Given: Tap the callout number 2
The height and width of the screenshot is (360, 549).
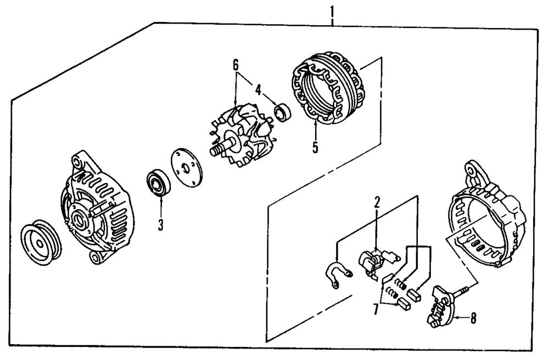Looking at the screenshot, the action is pyautogui.click(x=377, y=202).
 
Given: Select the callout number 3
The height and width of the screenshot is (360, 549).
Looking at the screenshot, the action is pyautogui.click(x=160, y=224).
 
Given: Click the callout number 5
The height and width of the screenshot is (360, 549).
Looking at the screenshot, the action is pyautogui.click(x=315, y=148).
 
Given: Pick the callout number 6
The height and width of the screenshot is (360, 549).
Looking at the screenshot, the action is pyautogui.click(x=236, y=65).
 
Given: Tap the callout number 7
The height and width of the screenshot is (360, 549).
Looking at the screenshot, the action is pyautogui.click(x=376, y=309).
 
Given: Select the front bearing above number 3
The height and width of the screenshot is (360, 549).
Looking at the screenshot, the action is pyautogui.click(x=160, y=183).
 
